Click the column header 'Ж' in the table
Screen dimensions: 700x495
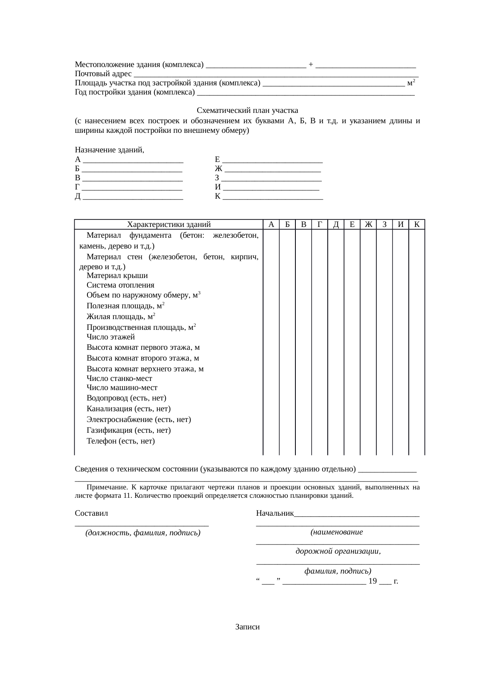[368, 225]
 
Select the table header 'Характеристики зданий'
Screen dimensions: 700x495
[168, 225]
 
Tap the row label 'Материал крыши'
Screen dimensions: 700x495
[117, 276]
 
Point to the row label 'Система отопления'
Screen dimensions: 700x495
[120, 285]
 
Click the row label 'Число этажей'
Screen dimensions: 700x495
[111, 337]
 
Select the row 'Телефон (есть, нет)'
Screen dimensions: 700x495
[121, 441]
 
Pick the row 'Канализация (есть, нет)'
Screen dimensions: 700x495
[129, 409]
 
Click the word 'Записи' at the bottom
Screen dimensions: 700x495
[247, 627]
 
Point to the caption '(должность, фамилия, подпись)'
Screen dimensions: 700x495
[143, 533]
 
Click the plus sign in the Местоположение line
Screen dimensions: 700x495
[311, 64]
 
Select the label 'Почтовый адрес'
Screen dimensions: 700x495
[103, 74]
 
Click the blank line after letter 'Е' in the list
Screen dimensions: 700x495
[273, 160]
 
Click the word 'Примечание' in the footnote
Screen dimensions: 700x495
[107, 487]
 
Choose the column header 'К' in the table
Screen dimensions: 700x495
[416, 225]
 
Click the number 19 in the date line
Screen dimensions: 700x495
[372, 581]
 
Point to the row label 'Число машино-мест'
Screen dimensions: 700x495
[122, 388]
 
